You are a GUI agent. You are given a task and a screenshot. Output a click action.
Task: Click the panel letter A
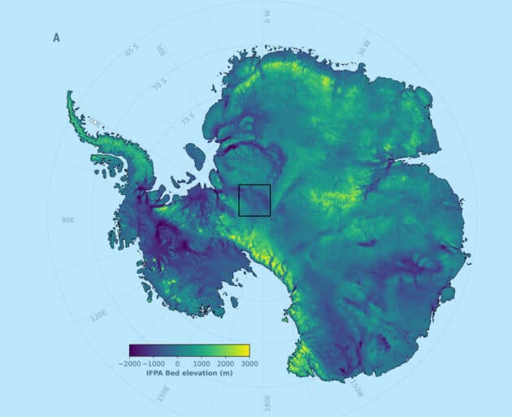[57, 37]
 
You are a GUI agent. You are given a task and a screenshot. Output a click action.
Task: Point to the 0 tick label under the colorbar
[178, 363]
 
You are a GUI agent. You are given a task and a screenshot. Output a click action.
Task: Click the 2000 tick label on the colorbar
[226, 363]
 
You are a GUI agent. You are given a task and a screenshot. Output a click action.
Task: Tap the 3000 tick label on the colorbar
[249, 363]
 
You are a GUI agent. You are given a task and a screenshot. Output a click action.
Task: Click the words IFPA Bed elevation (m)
[190, 375]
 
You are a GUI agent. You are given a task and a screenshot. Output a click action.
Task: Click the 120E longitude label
[99, 314]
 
